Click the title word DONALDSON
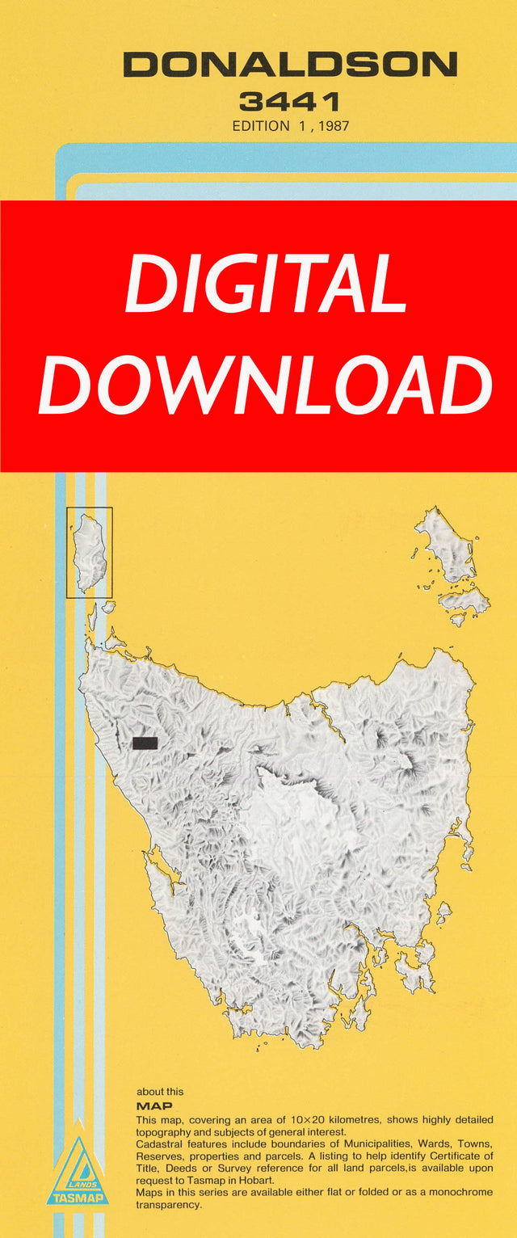(290, 65)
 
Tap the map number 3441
(289, 103)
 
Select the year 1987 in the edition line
(331, 126)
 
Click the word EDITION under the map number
(260, 126)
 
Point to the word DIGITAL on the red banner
(266, 285)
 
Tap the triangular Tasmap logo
(78, 1173)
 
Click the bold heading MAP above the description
(154, 1105)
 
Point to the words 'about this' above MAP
(160, 1092)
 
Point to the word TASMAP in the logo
(78, 1198)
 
